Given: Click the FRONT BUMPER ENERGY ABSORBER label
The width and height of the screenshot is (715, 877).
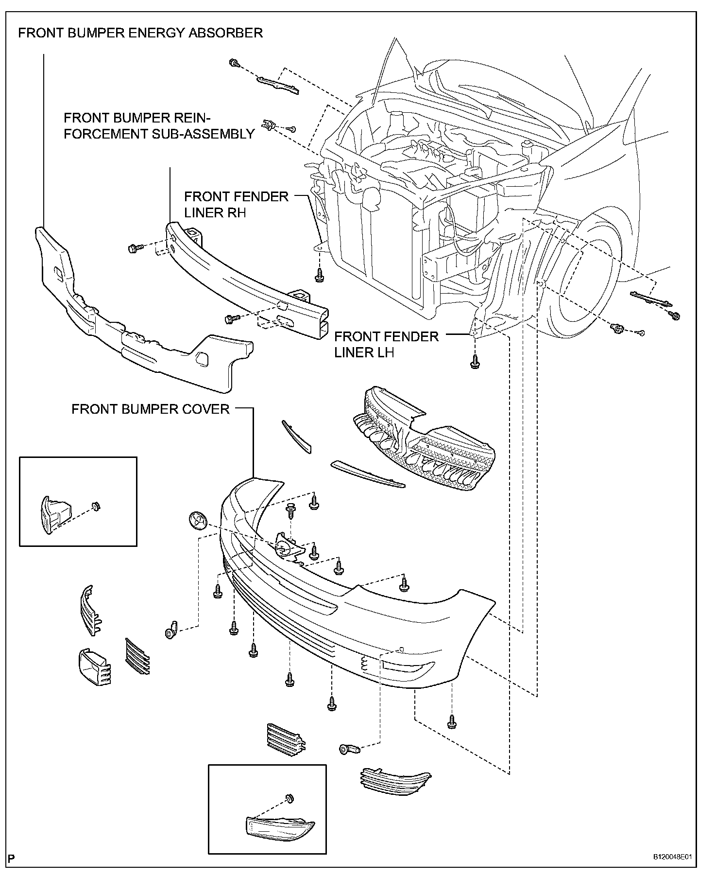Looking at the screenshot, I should click(140, 33).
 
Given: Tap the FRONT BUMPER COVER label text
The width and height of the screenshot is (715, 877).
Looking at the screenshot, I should click(150, 409).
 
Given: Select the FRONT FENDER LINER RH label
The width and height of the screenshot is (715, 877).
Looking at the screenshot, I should click(236, 204).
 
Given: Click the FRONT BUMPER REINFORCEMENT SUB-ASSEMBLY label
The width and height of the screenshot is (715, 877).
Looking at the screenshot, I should click(159, 126).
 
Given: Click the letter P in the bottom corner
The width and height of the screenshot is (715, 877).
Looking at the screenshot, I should click(11, 859).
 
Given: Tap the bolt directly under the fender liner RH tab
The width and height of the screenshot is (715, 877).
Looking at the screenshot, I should click(319, 275).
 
